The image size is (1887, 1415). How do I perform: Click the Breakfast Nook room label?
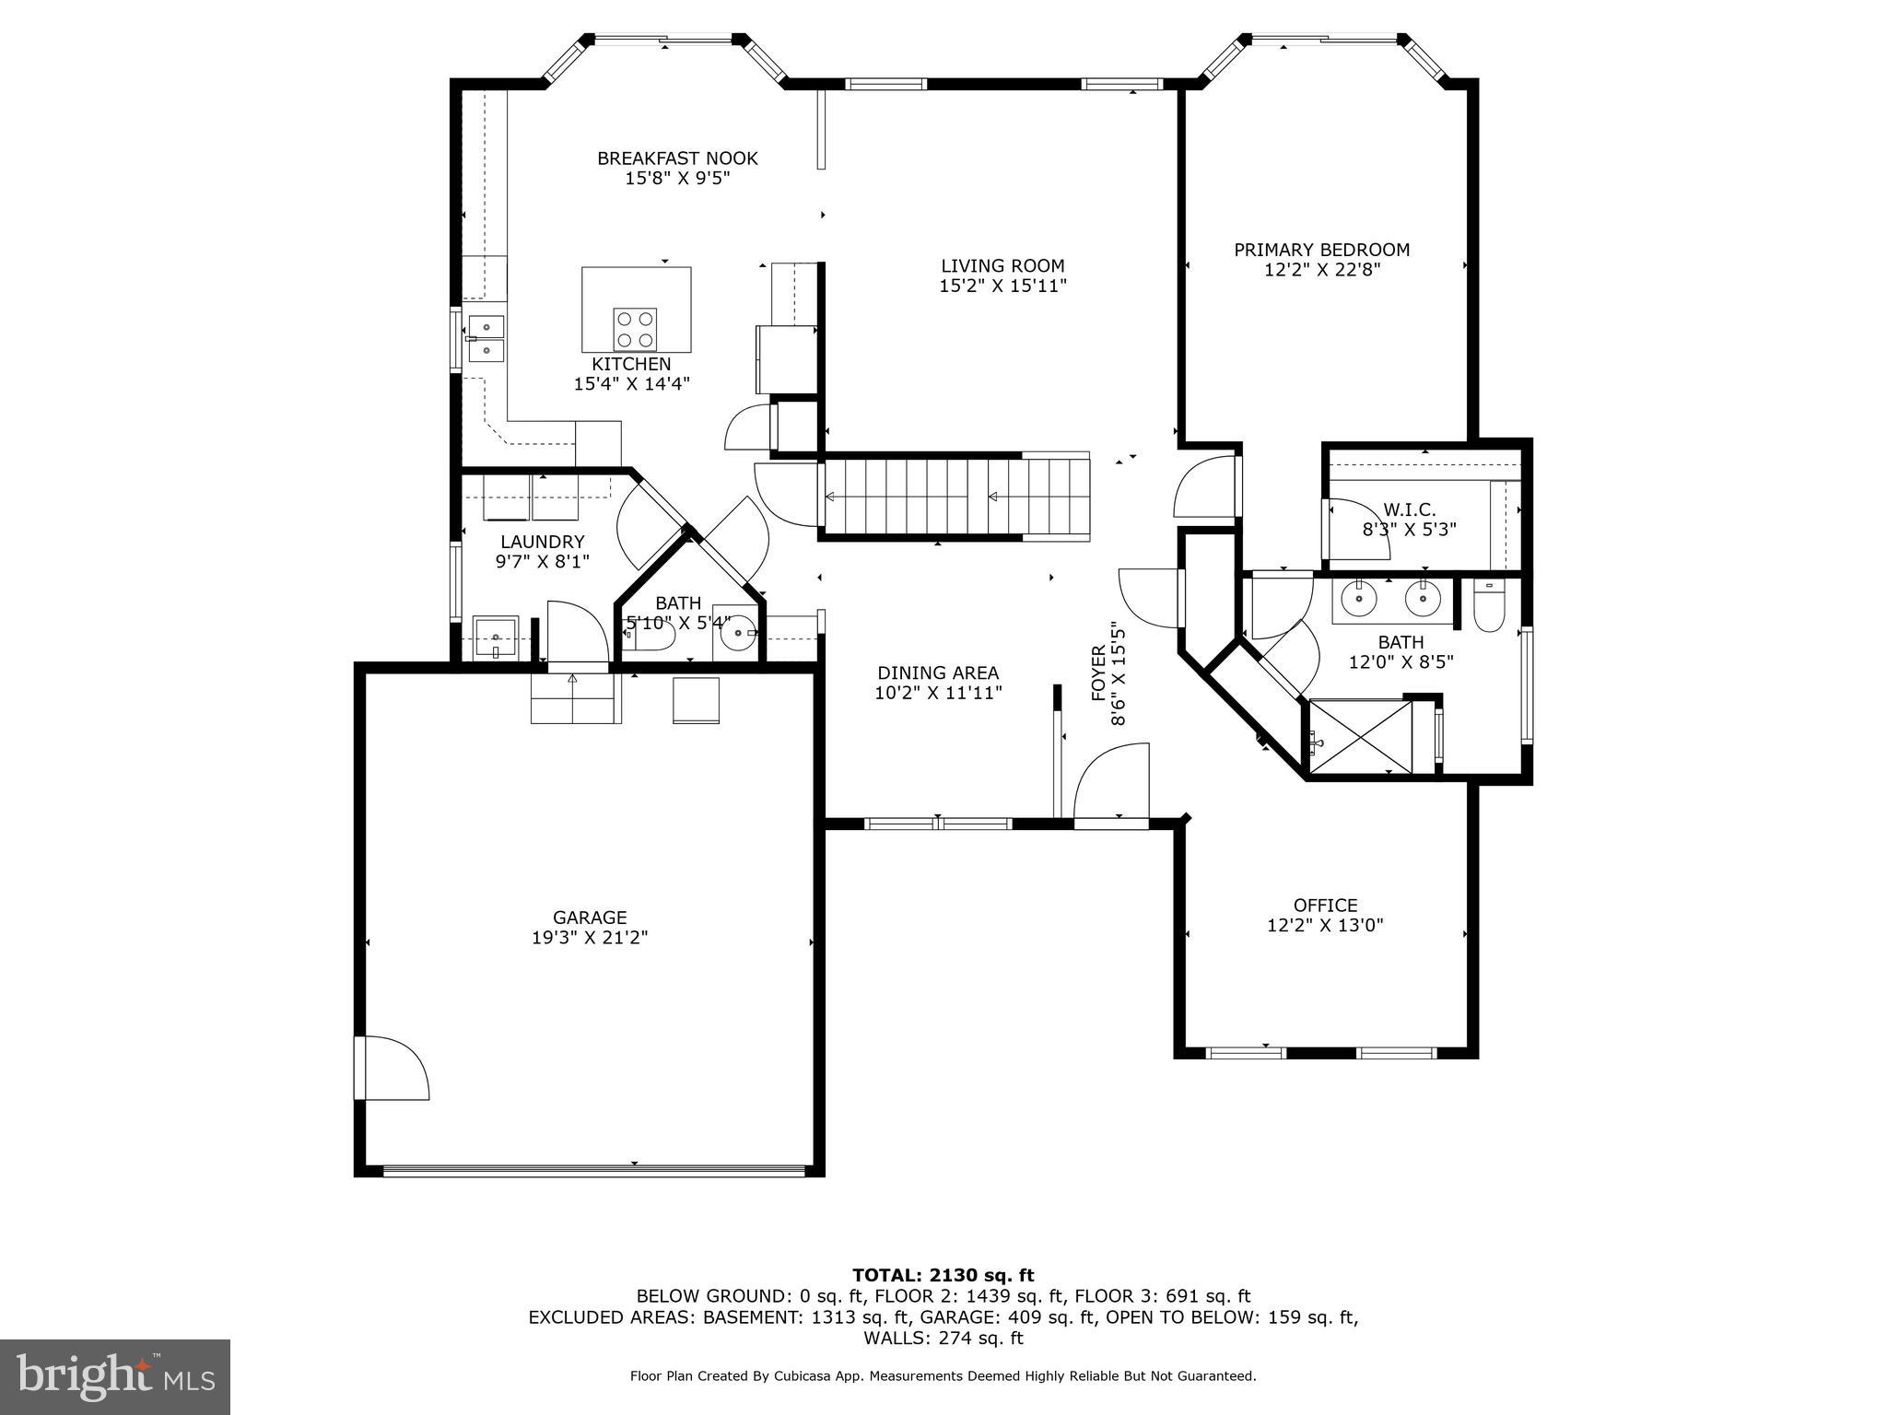677,158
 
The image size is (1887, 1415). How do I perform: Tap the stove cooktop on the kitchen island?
636,330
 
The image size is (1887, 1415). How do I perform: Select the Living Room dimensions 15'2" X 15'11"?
1002,287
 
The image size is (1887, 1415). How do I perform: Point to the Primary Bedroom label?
1321,250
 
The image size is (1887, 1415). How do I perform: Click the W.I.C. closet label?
1409,510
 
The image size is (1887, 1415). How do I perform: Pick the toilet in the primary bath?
1488,608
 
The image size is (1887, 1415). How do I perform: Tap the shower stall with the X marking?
1361,736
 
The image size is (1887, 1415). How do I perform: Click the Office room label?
1325,906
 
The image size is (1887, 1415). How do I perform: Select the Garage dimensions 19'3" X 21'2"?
590,938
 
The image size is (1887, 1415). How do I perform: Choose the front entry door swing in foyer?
1113,783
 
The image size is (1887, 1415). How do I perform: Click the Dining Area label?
937,673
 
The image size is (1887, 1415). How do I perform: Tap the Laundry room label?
542,542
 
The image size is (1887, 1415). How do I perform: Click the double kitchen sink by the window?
486,338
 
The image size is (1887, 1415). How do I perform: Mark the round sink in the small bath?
737,633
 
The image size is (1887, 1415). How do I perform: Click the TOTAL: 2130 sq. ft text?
943,1275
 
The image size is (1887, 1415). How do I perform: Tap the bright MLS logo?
115,1377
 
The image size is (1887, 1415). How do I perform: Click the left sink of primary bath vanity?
1359,600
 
